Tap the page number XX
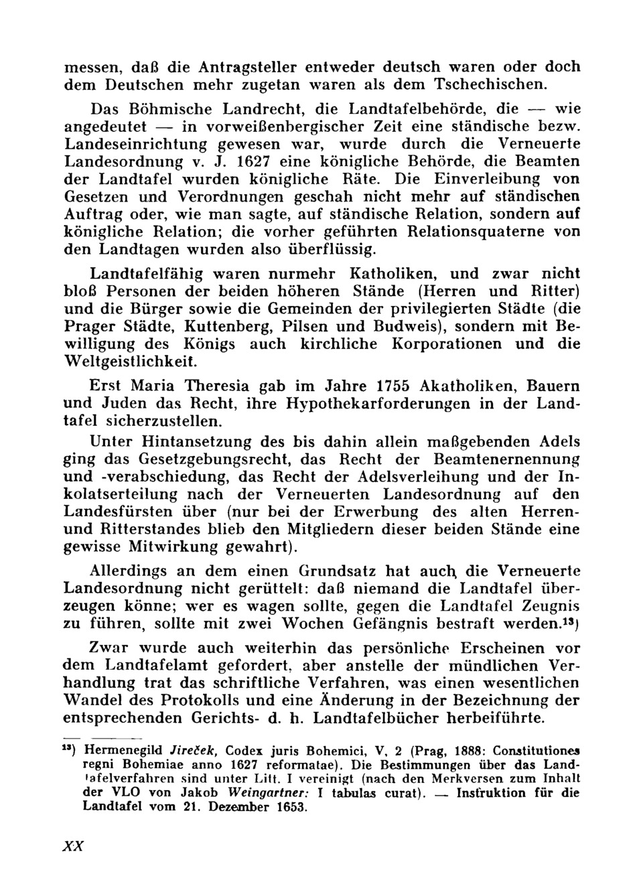[x=72, y=846]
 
